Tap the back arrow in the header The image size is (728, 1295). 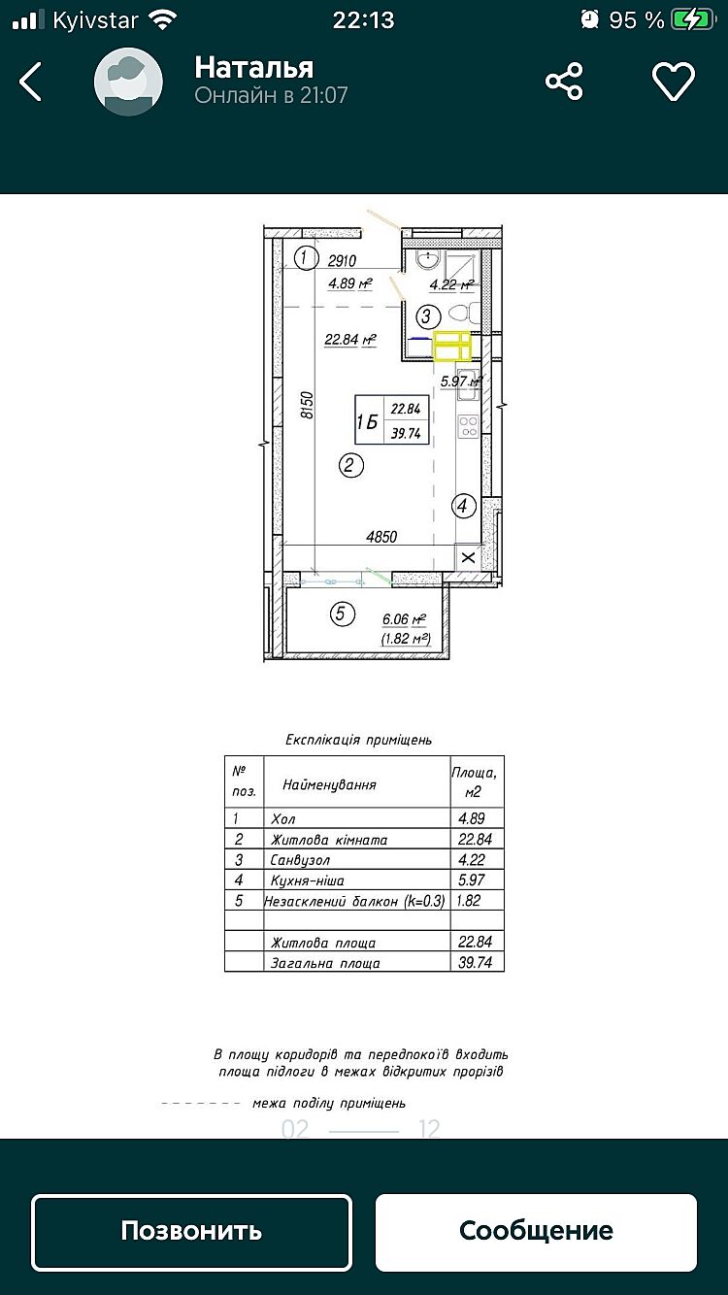click(x=31, y=83)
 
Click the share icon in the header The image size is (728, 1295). click(x=564, y=82)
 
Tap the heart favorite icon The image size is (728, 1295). click(x=674, y=82)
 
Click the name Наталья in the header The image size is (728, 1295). click(x=253, y=67)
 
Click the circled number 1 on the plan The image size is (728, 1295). click(x=306, y=258)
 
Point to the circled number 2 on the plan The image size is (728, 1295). click(x=351, y=466)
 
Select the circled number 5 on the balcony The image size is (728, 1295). click(x=340, y=614)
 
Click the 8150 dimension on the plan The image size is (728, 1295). click(x=308, y=405)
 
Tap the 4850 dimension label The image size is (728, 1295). click(x=381, y=536)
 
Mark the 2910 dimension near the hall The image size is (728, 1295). click(x=343, y=260)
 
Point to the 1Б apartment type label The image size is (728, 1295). click(x=368, y=421)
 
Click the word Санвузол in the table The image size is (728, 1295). click(x=301, y=860)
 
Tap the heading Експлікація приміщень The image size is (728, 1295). click(x=358, y=740)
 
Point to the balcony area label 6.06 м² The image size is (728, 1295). click(x=405, y=619)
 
